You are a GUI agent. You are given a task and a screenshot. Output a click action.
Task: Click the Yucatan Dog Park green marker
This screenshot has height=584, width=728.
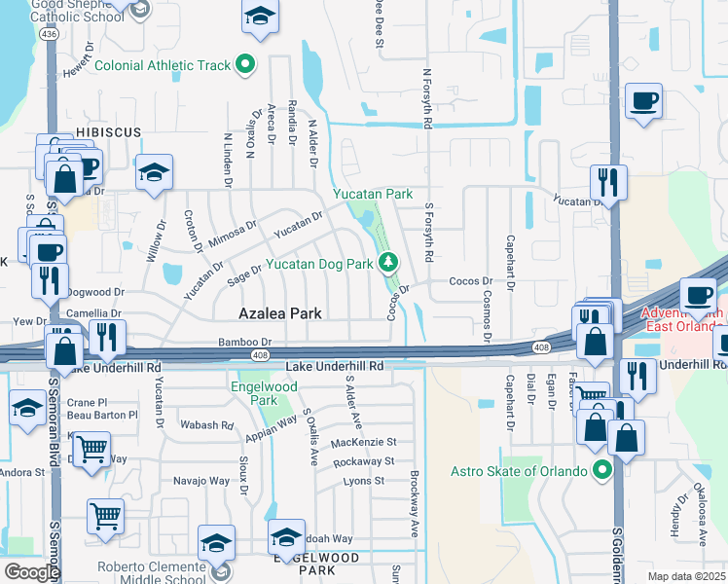(x=388, y=262)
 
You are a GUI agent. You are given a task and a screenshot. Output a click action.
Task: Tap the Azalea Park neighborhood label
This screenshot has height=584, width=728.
(x=282, y=313)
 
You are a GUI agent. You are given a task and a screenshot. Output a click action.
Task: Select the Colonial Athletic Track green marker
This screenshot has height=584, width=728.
(x=245, y=65)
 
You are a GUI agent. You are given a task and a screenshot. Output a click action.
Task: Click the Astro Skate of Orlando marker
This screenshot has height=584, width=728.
(x=602, y=472)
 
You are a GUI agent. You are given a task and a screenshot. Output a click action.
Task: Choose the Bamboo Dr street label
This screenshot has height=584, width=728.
(x=243, y=342)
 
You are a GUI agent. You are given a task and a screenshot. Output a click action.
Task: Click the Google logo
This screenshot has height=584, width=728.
(x=31, y=572)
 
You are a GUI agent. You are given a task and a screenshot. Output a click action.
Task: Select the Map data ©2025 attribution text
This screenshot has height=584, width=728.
(x=685, y=576)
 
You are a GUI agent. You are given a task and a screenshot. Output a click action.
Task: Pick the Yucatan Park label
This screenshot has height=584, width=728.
(x=373, y=195)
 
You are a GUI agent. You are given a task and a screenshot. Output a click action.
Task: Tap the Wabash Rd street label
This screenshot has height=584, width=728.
(x=207, y=425)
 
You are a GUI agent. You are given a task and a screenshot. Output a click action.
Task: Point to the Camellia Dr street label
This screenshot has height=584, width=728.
(x=93, y=313)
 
